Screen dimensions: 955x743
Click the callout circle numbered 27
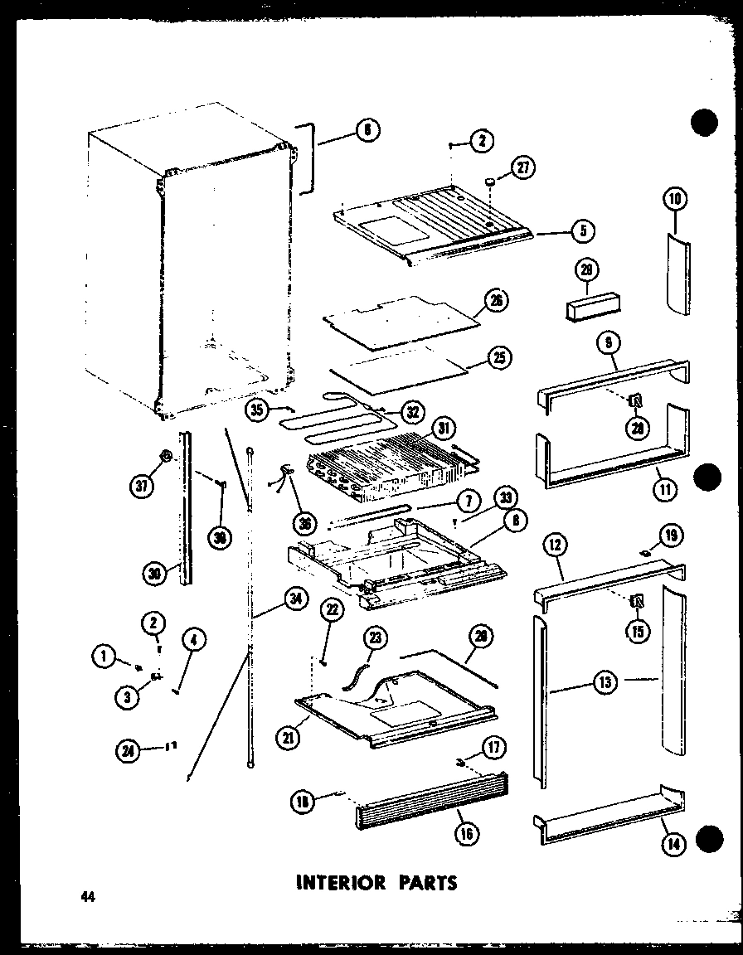524,167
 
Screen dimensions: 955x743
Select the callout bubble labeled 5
584,231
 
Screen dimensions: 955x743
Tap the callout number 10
676,199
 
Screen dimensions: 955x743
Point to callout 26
498,301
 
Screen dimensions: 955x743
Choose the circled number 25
500,357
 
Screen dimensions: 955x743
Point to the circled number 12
555,545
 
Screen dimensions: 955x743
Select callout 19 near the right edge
670,535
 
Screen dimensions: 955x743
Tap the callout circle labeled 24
129,751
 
